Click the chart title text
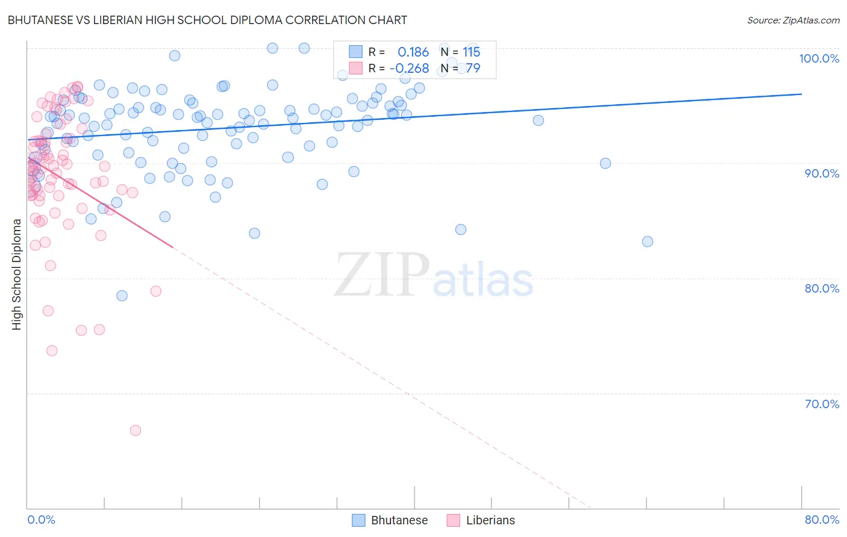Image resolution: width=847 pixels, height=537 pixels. coord(207,20)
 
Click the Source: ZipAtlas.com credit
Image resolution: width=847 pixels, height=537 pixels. coord(793,20)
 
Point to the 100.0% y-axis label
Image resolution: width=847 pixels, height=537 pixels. coord(819,58)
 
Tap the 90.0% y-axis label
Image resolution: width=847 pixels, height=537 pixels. coord(821,173)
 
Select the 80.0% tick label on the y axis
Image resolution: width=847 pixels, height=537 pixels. coord(821,288)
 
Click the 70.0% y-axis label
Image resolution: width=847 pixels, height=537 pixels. coord(821,404)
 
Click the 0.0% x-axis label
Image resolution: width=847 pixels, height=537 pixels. coord(41,520)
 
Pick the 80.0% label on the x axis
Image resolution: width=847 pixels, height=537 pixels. coord(821,520)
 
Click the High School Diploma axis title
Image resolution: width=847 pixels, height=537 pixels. coord(17,274)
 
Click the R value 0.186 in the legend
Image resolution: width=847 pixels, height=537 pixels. coord(413,52)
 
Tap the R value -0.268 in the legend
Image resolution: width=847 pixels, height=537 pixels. coord(410,68)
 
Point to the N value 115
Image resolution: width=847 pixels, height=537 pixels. coord(471,52)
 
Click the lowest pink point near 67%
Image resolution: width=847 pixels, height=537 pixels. coord(136,430)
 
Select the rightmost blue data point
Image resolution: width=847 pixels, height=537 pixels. coord(648,241)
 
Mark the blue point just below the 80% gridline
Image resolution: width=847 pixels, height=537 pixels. coord(122,296)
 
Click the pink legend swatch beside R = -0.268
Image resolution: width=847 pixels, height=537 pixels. coord(356,68)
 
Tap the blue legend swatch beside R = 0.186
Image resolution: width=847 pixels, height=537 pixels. coord(356,52)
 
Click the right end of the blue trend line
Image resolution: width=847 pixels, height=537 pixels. coord(801,94)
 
